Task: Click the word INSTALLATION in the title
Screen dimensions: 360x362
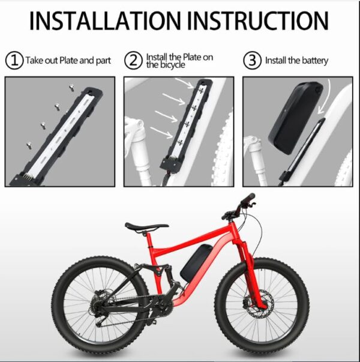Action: (105, 21)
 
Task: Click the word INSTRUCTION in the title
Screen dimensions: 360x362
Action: (258, 21)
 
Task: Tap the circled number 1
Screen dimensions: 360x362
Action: (14, 61)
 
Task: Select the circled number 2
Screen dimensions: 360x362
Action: (133, 61)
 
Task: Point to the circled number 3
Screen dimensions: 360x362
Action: (252, 61)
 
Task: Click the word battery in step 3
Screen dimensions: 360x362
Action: (315, 61)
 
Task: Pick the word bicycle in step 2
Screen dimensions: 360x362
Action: (173, 65)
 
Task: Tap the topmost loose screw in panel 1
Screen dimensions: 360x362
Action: (71, 88)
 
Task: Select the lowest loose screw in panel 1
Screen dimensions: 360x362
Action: (29, 145)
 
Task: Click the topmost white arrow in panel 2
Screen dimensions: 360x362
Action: (184, 83)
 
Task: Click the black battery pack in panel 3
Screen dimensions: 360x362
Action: (295, 118)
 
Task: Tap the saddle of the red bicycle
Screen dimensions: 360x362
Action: (146, 226)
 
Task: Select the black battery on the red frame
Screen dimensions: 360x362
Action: (196, 263)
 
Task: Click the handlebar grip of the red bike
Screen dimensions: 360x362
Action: (248, 199)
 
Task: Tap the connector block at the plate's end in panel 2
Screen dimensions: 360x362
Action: (170, 165)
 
